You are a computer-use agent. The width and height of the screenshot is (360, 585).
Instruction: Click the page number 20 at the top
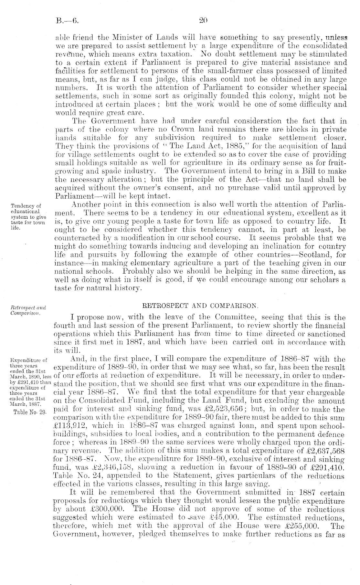(204, 22)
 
